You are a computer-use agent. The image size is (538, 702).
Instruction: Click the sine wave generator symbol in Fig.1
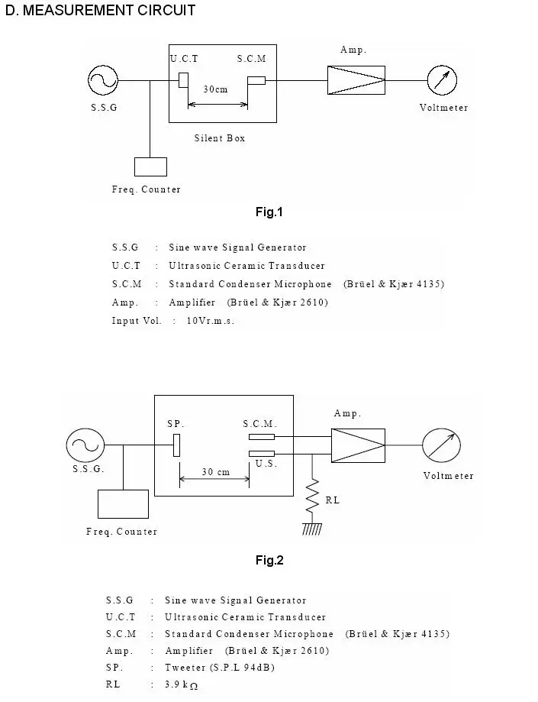103,80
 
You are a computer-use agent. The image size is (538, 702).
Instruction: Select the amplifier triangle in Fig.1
356,80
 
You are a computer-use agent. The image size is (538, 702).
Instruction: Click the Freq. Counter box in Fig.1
150,167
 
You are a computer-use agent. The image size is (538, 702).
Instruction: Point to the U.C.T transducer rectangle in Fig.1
183,80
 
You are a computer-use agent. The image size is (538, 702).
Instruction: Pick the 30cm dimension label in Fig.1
215,89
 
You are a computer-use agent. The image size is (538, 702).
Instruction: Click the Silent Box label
220,138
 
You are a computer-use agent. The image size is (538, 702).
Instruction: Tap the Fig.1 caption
269,212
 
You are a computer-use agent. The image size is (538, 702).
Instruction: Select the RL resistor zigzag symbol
312,496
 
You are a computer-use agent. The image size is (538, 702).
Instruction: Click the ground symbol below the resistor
312,529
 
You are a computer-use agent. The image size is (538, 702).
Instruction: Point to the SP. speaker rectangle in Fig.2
176,445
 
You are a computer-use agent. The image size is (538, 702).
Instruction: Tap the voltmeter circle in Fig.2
441,445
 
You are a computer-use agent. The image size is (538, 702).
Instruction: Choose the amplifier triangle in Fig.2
358,445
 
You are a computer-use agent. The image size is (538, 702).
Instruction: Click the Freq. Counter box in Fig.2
123,504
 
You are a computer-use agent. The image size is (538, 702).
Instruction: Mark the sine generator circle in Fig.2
85,445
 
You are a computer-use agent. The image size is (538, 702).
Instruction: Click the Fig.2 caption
269,560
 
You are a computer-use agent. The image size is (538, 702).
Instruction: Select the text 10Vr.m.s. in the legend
210,321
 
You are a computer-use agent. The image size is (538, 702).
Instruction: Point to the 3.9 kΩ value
181,684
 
